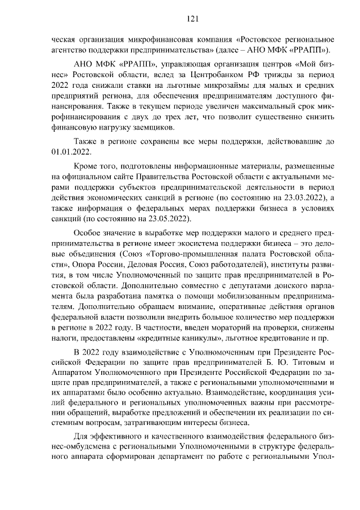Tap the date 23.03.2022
click(301, 198)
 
